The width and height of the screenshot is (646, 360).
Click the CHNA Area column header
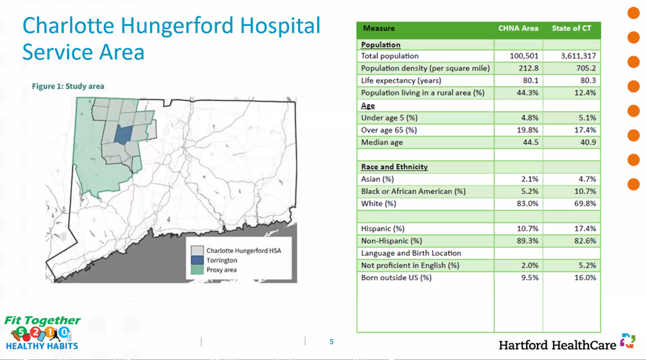518,28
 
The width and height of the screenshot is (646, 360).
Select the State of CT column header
571,28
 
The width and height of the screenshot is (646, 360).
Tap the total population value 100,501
524,56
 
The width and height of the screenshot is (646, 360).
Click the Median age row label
382,143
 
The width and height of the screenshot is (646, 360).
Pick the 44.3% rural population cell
528,93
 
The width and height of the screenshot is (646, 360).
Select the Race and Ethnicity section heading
394,167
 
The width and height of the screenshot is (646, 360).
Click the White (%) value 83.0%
528,204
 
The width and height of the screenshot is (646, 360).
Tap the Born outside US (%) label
396,278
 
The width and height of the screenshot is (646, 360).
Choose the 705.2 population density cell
585,68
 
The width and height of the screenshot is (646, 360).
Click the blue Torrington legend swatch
197,260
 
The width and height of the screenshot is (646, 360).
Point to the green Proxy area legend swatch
197,270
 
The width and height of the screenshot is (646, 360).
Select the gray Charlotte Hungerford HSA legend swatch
197,251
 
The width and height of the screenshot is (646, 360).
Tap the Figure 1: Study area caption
68,86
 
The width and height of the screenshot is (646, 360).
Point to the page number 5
332,342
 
